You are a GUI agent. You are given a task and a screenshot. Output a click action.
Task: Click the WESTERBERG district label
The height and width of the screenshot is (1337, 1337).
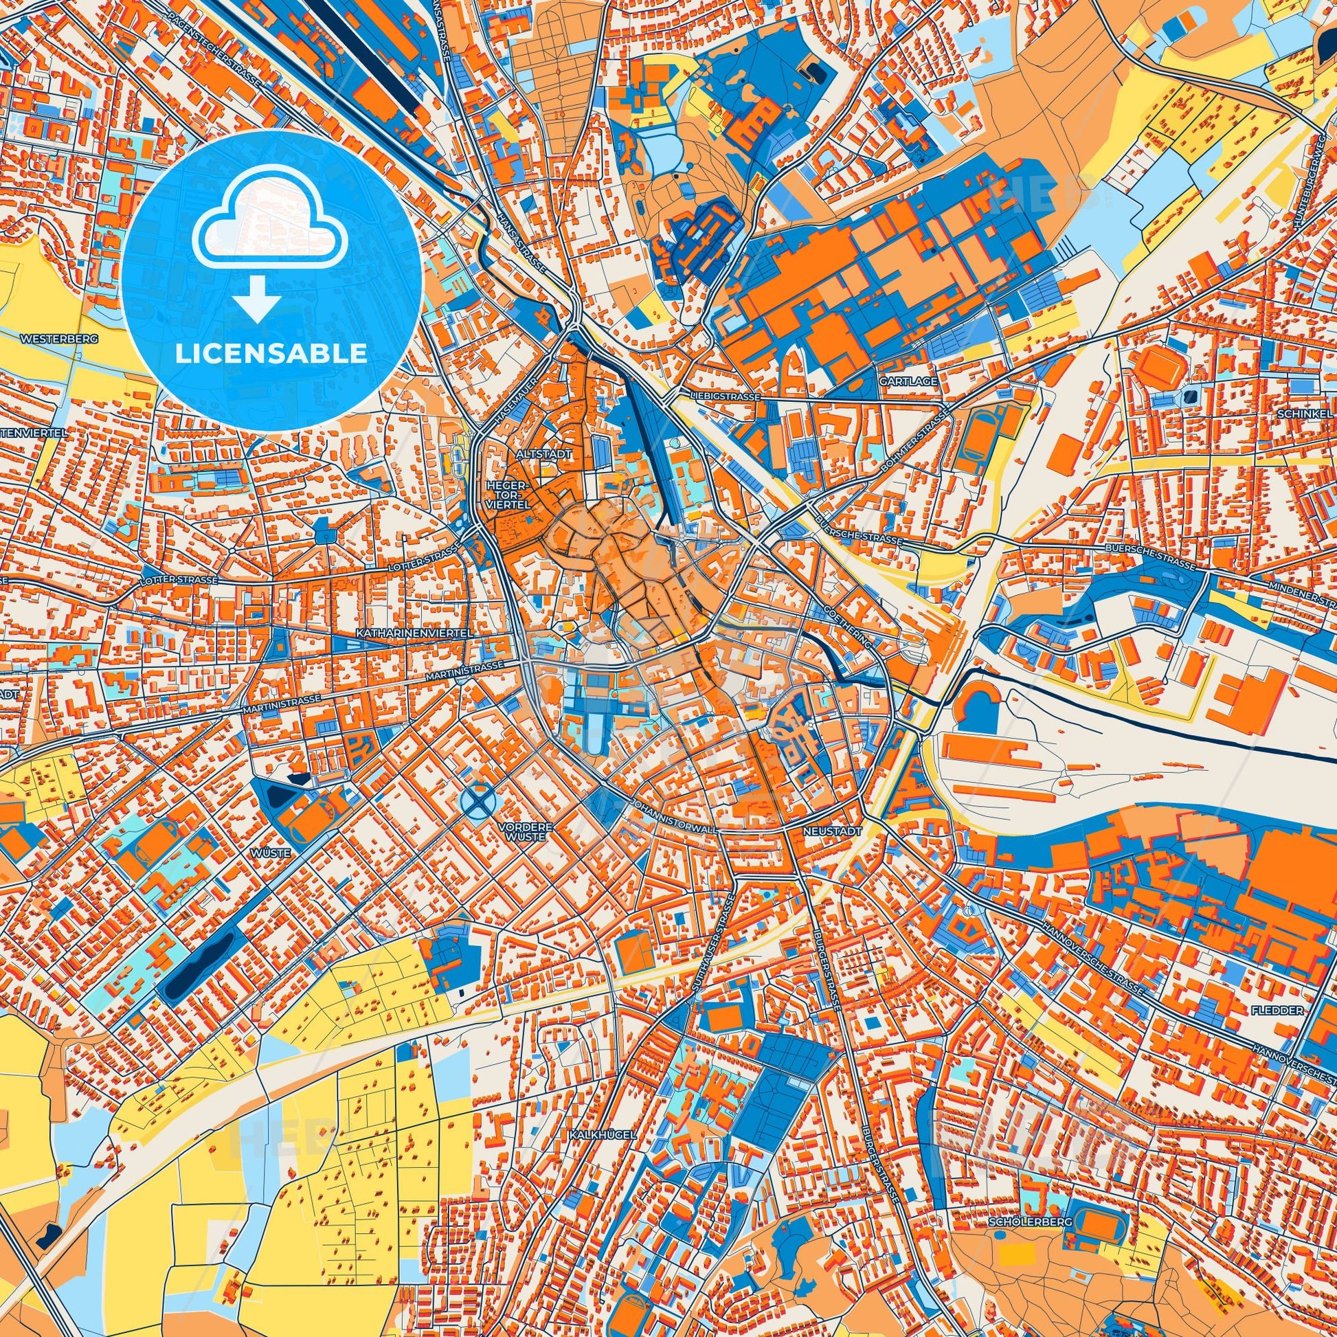(60, 340)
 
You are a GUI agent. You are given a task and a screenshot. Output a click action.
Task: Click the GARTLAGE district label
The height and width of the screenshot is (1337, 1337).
(897, 381)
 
